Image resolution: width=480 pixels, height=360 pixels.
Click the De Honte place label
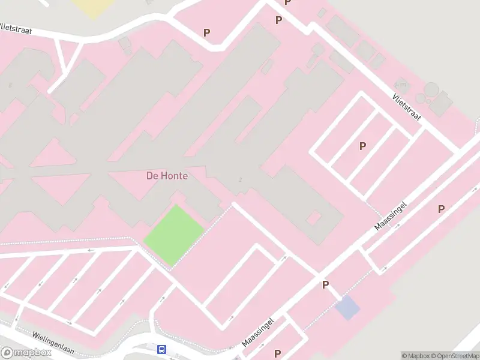[x=167, y=176]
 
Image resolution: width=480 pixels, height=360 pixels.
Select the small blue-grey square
[x=347, y=308]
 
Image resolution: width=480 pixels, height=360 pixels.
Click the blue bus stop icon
[x=161, y=349]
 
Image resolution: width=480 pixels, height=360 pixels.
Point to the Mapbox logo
[x=26, y=352]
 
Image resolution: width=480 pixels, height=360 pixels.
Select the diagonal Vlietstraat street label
[x=407, y=107]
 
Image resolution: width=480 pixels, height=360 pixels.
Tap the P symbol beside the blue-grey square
[x=326, y=284]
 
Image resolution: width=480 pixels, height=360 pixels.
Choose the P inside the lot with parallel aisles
[x=362, y=146]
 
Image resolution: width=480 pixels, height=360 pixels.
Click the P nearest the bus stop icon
[x=277, y=353]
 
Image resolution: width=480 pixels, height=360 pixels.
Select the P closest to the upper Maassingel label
[x=441, y=209]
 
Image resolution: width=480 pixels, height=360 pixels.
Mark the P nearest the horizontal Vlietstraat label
[x=207, y=33]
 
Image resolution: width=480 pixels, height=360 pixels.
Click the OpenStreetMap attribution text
[x=454, y=356]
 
